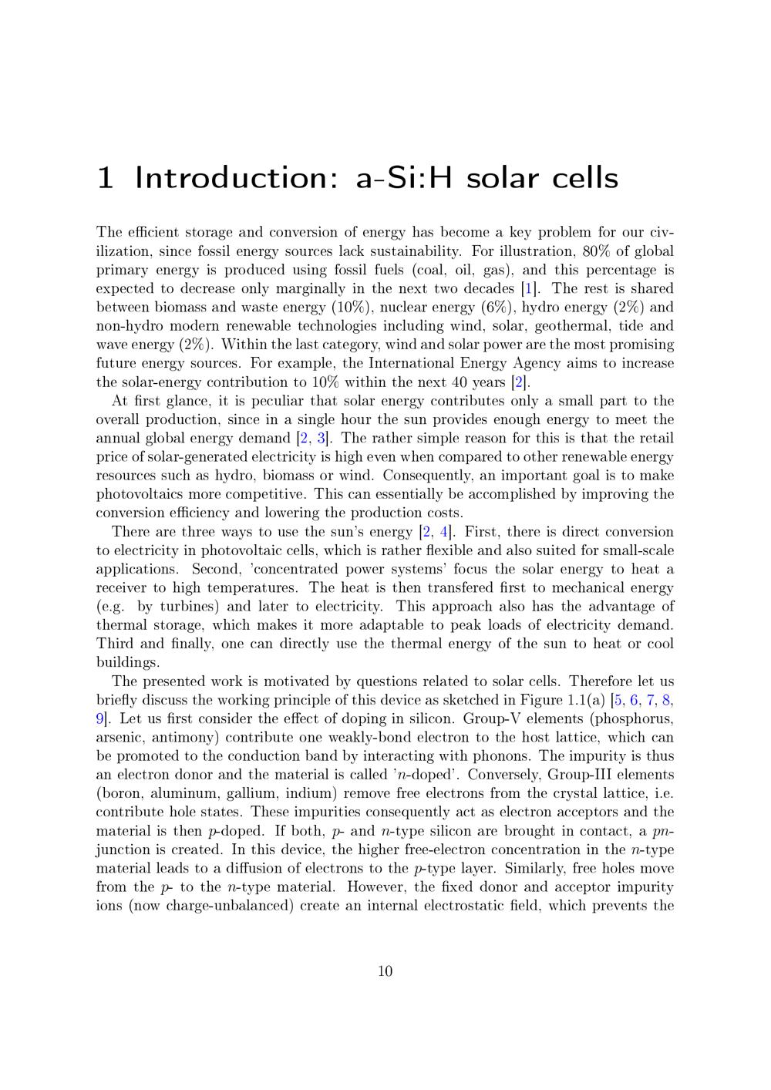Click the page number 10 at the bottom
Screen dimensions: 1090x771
pos(385,971)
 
